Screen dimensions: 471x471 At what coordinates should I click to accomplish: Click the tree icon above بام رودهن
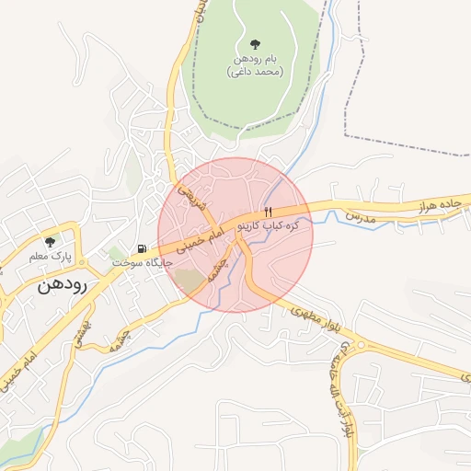point(255,43)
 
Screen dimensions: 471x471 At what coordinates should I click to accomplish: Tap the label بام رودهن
point(255,58)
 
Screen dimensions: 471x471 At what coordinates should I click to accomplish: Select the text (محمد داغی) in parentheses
point(255,72)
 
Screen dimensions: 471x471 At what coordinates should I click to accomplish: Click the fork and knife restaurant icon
point(268,212)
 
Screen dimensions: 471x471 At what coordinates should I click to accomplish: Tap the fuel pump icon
point(141,248)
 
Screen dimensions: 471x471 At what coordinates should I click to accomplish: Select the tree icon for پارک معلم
point(50,241)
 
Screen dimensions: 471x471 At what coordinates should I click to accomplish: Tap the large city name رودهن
point(63,285)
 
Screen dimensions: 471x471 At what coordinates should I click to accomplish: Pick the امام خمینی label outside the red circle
point(21,367)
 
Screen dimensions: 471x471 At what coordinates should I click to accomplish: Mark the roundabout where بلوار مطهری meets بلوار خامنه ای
point(361,346)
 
